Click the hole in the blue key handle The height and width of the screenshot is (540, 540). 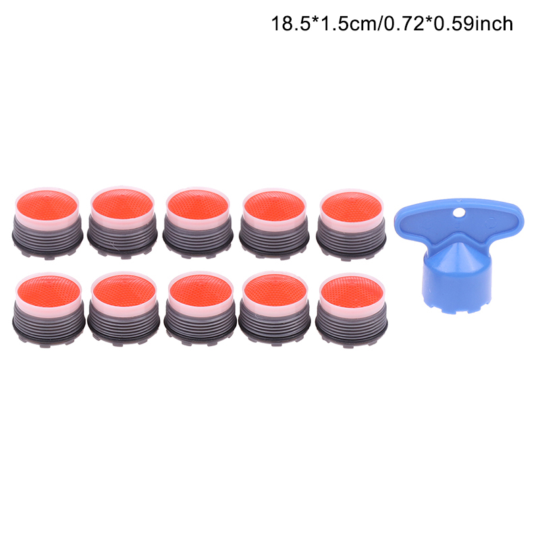(x=458, y=213)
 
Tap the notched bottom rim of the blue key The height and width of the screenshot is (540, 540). (x=456, y=308)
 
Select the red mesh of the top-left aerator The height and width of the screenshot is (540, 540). (x=47, y=205)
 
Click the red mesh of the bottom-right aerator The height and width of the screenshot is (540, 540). (x=352, y=292)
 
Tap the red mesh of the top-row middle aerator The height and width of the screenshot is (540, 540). (x=198, y=205)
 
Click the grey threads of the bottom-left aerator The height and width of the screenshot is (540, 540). (x=49, y=322)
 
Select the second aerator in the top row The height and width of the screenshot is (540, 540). (x=122, y=222)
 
